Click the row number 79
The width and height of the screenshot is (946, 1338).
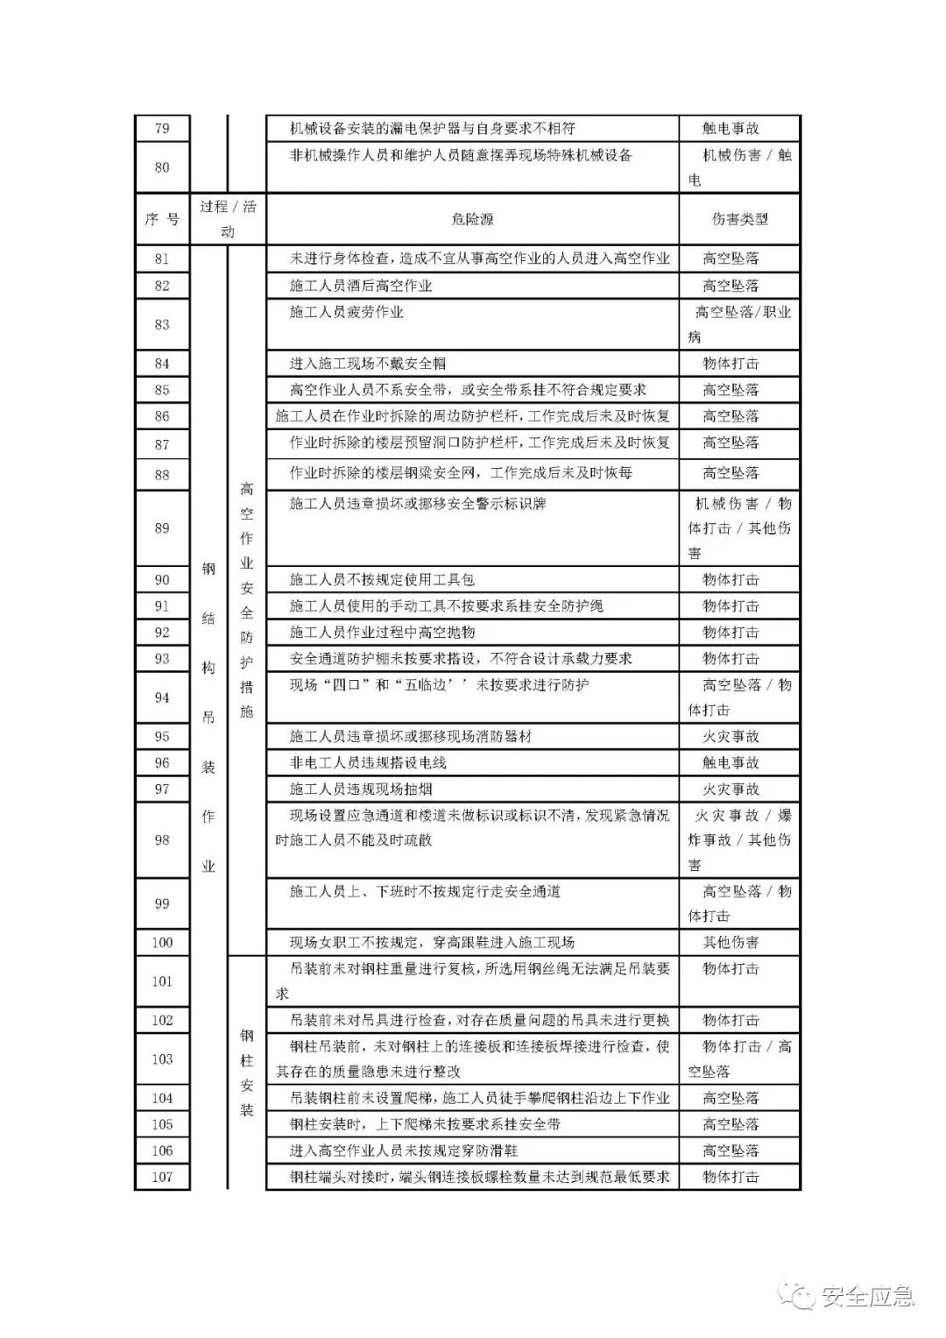[162, 129]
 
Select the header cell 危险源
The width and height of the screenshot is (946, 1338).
[472, 219]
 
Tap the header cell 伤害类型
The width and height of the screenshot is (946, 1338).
[739, 219]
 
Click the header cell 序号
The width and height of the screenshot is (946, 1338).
[162, 219]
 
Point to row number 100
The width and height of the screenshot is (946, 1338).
[162, 943]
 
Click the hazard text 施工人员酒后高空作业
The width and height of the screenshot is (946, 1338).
[361, 286]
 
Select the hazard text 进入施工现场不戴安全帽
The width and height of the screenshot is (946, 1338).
[368, 364]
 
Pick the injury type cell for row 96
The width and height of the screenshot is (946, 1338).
[731, 763]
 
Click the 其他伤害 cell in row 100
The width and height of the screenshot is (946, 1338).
[731, 943]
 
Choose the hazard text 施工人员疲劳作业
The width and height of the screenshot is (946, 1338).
[347, 312]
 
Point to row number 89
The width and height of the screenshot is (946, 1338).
[162, 528]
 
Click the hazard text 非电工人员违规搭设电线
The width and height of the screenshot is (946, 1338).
[368, 763]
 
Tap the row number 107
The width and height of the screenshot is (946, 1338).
[162, 1177]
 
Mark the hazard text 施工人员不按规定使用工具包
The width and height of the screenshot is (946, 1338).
[382, 580]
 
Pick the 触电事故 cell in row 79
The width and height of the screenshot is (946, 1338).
[731, 129]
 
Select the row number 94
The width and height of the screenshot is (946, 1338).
[162, 698]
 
